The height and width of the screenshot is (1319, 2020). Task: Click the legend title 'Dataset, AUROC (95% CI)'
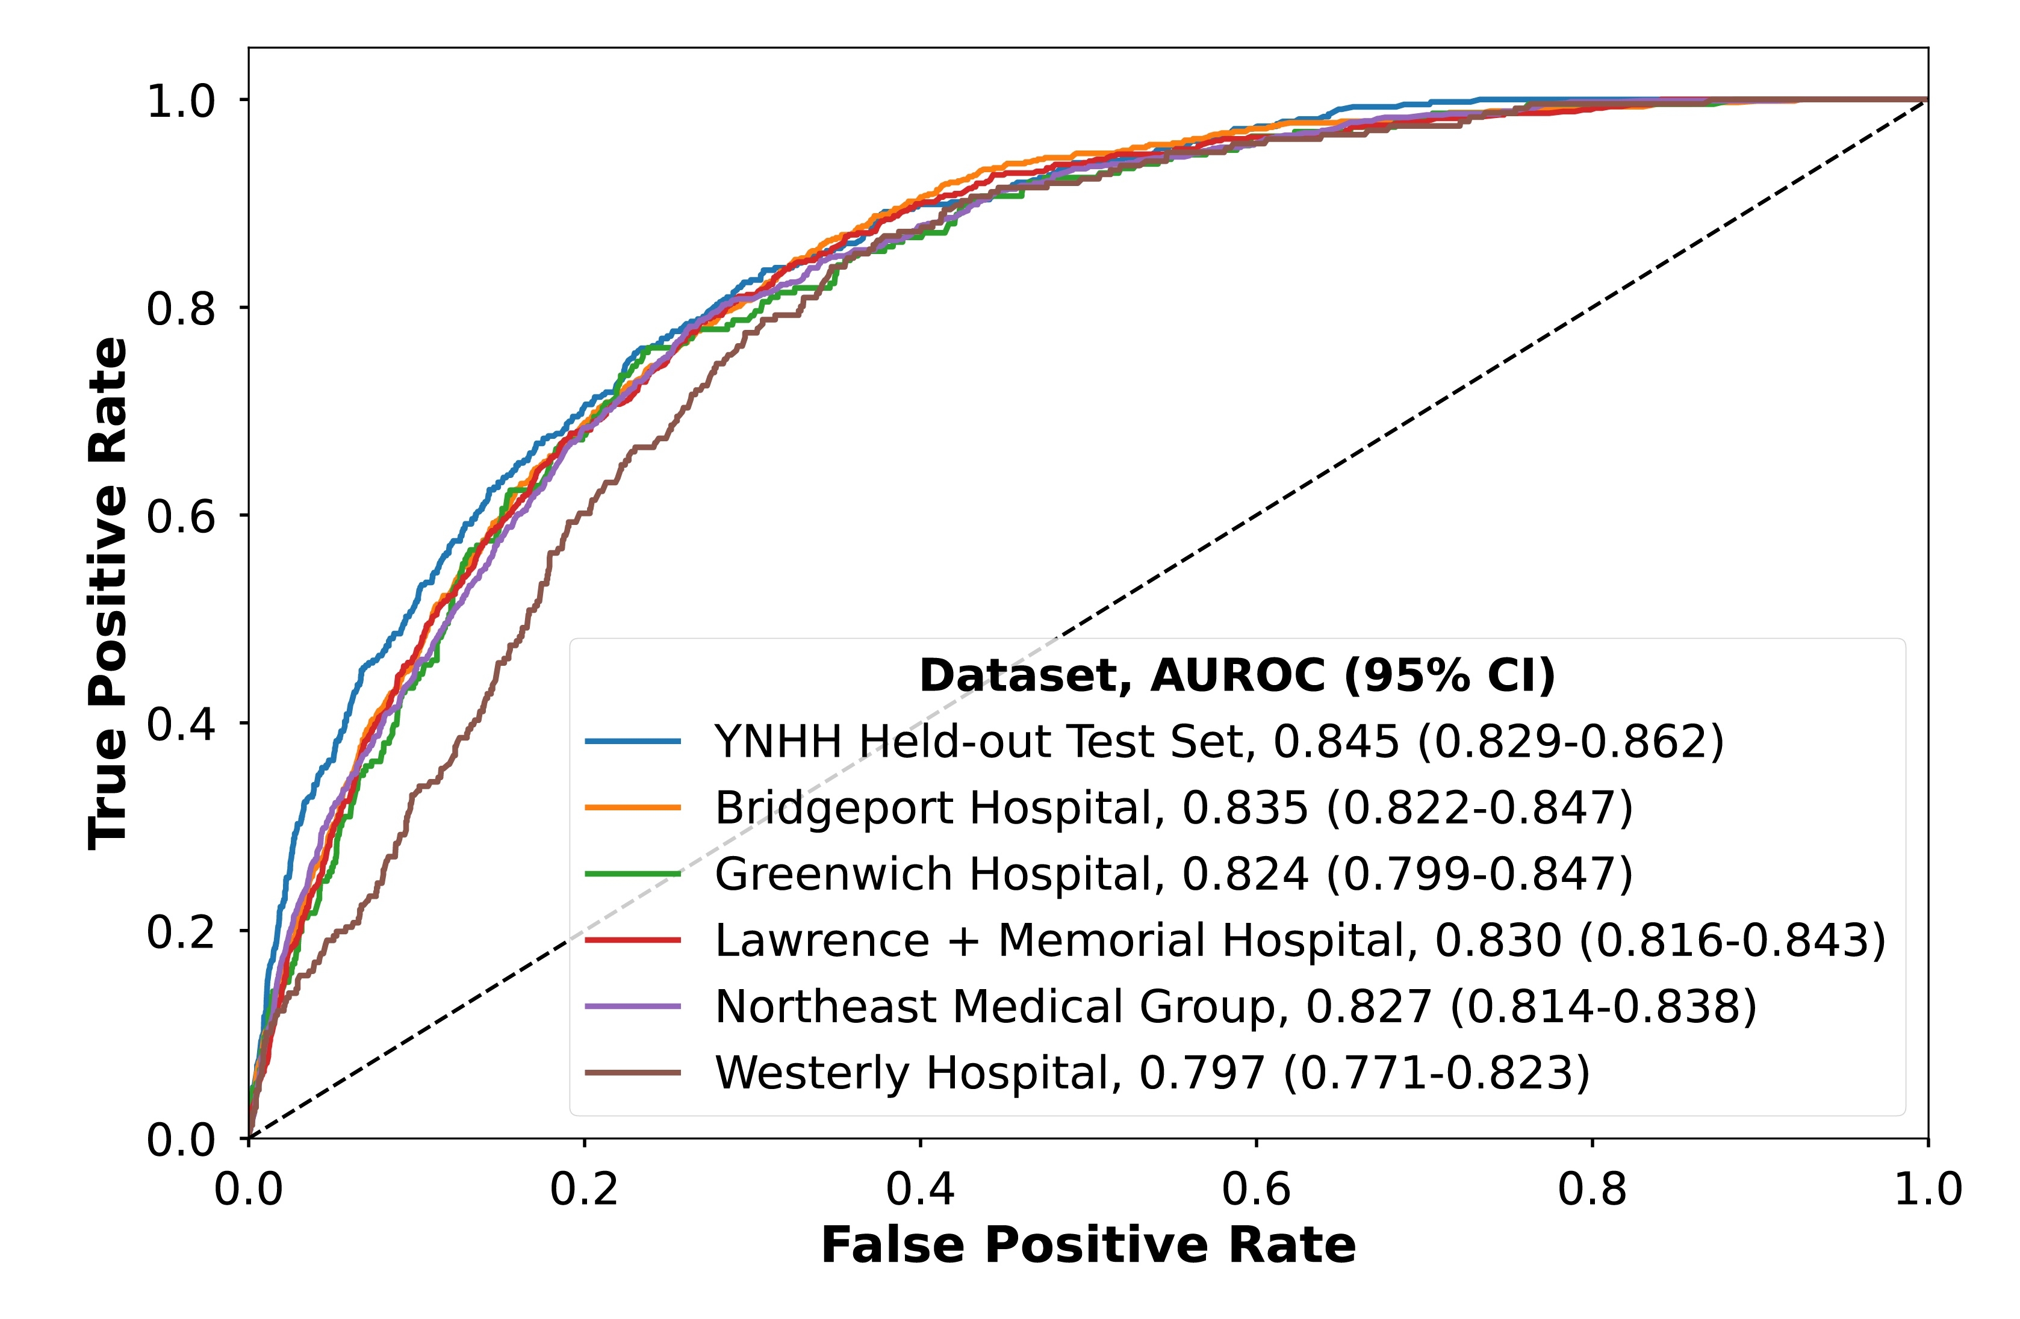click(1237, 677)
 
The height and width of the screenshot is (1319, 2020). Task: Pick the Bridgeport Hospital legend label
click(1173, 808)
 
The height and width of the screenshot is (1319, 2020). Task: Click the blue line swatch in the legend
click(633, 742)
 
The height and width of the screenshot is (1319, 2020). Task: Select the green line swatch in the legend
click(633, 874)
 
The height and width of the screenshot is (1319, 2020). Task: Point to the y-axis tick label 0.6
click(181, 516)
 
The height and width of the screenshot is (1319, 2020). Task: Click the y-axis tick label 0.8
click(181, 308)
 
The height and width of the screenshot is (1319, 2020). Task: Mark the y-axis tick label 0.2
click(181, 932)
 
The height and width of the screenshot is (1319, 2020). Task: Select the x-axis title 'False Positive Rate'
click(1088, 1246)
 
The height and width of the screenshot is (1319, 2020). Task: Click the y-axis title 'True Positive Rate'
click(108, 594)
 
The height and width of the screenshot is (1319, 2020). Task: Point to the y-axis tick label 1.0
click(181, 101)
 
